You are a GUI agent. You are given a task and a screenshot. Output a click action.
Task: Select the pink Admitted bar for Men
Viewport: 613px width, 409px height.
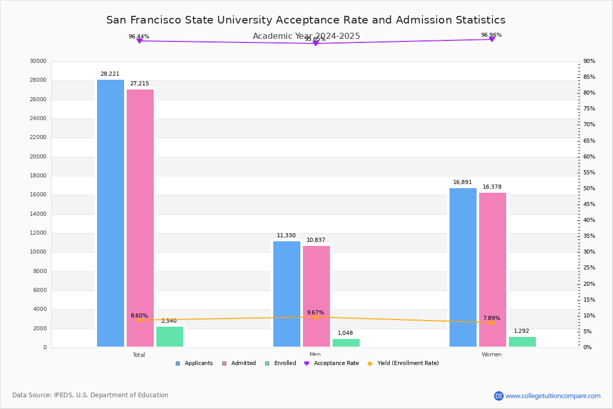coord(316,296)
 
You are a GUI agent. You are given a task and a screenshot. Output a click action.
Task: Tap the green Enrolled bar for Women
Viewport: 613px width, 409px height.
coord(522,342)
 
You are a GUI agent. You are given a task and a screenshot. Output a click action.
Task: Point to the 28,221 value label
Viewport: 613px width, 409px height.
coord(110,74)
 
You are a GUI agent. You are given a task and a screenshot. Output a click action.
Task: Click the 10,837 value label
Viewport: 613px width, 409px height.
coord(316,240)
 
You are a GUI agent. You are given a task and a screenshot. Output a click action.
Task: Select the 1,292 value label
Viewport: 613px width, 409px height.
coord(522,331)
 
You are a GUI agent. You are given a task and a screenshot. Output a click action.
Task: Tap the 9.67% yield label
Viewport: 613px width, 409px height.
coord(315,312)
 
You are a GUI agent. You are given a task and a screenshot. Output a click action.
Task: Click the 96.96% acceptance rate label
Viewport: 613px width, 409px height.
coord(491,35)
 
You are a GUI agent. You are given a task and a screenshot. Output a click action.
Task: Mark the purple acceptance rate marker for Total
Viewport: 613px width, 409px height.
coord(139,41)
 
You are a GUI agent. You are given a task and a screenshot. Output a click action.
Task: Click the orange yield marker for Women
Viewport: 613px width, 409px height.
coord(491,323)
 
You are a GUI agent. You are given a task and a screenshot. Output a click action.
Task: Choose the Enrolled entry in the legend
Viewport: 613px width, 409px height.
coord(280,363)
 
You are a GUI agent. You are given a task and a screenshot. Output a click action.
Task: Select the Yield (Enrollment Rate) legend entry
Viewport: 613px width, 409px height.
coord(408,363)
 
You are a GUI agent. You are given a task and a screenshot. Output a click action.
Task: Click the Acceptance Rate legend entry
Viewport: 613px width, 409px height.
coord(336,363)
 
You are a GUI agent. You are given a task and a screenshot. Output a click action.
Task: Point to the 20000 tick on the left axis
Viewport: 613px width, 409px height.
coord(38,157)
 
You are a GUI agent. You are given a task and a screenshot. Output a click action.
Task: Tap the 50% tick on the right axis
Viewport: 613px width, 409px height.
coord(589,189)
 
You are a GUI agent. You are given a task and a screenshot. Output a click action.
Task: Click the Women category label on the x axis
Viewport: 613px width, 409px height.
coord(491,355)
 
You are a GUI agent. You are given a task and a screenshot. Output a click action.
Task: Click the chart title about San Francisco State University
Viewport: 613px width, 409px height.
coord(306,20)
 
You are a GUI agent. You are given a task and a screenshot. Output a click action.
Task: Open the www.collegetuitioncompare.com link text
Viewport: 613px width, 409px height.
coord(553,396)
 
